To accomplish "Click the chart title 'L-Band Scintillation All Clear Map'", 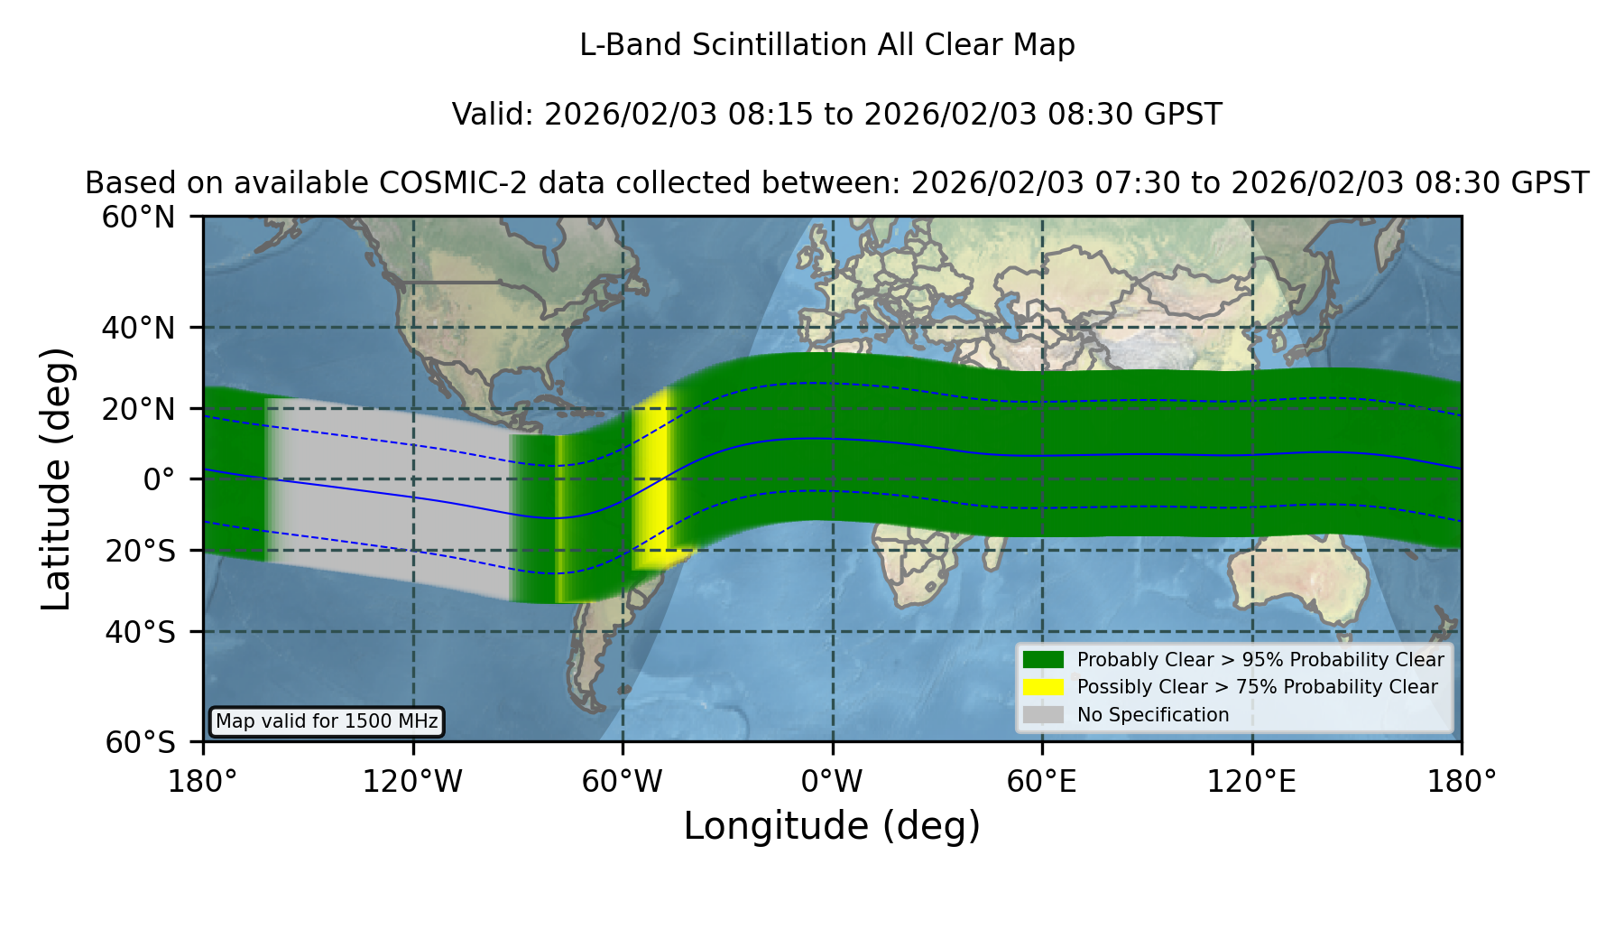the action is (826, 45).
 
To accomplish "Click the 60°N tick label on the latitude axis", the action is (138, 217).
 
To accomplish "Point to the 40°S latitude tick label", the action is (140, 632).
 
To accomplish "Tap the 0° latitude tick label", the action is (159, 479).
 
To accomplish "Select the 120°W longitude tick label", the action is (412, 782).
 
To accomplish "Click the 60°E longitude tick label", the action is (1042, 782).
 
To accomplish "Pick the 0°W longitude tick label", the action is (832, 782).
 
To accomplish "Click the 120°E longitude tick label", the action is (1251, 782).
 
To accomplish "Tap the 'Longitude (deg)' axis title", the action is (832, 826).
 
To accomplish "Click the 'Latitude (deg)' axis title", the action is (57, 479).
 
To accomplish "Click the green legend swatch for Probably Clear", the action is (1044, 660).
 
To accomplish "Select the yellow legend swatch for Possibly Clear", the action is (1044, 687).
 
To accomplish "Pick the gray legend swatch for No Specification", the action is (1044, 715).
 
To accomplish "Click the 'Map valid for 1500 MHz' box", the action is (327, 721).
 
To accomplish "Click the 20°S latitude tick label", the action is (140, 551).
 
